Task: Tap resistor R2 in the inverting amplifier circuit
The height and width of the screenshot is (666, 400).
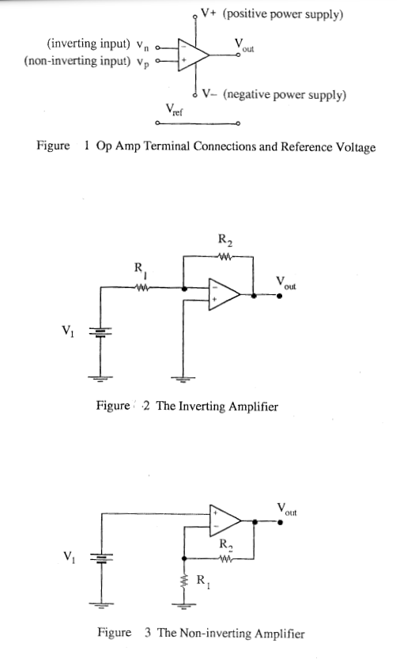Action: [225, 256]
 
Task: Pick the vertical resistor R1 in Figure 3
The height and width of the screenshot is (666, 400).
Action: [184, 584]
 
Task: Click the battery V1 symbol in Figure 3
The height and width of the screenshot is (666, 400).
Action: [100, 557]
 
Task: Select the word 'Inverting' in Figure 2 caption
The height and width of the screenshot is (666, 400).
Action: [203, 406]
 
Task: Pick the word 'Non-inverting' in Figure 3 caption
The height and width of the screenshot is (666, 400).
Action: [217, 633]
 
